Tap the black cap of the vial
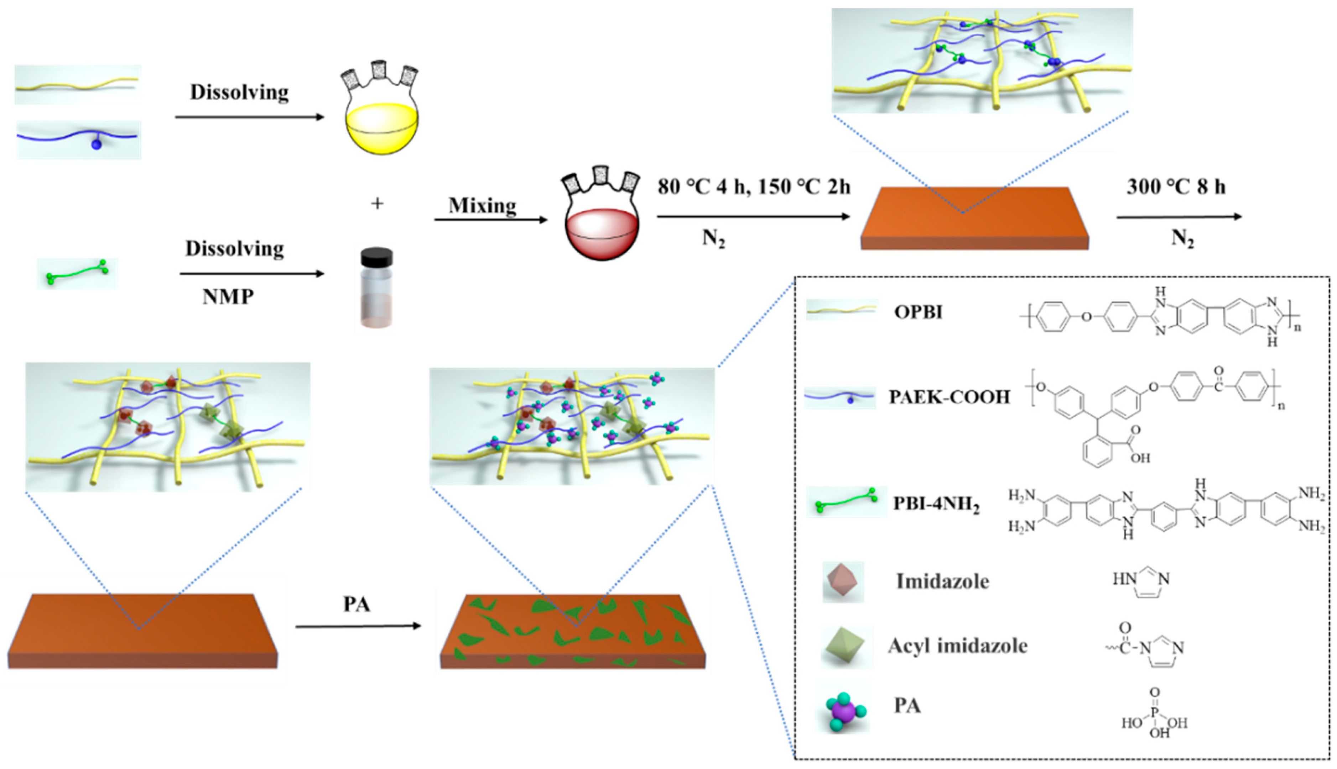[x=377, y=257]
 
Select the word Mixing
[x=482, y=205]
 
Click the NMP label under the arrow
[x=228, y=297]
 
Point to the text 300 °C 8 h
[x=1176, y=186]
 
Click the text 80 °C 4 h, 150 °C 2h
[x=754, y=186]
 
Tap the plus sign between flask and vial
[x=377, y=203]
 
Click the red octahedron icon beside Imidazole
[x=843, y=581]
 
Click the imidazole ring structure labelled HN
[x=1141, y=581]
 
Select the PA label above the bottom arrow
[x=357, y=604]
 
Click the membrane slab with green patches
[x=573, y=631]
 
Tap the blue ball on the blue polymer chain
[x=96, y=144]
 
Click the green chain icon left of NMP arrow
[x=78, y=273]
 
